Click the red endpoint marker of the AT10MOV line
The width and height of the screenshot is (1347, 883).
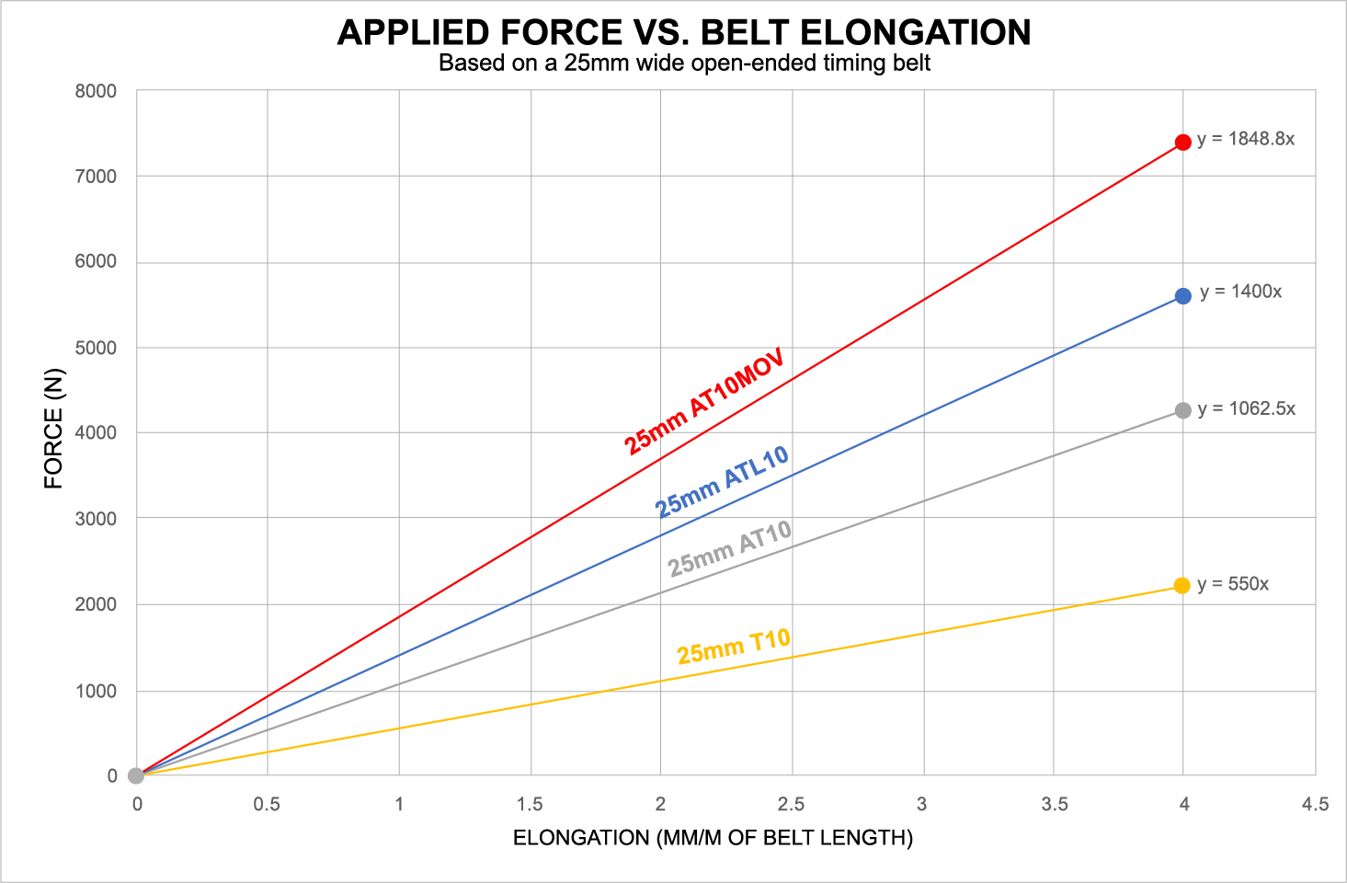point(1182,142)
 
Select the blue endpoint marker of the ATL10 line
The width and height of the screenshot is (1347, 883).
point(1182,295)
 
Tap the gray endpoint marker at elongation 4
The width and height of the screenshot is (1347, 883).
point(1182,410)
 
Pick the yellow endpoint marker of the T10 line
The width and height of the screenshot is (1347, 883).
point(1182,586)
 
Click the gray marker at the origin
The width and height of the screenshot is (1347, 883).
point(136,775)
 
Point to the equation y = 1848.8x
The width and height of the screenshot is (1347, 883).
point(1245,139)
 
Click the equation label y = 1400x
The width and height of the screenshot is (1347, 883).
point(1240,292)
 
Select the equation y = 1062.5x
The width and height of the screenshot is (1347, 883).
point(1246,408)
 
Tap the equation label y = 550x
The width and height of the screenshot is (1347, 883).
point(1232,584)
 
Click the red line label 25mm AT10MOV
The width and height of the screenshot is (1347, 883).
point(704,401)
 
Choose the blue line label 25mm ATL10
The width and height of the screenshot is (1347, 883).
point(722,481)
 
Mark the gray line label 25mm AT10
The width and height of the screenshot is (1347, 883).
point(730,548)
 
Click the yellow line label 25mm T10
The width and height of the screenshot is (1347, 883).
point(734,646)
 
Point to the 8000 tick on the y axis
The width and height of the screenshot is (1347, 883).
point(96,91)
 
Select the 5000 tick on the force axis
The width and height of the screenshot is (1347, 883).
point(96,348)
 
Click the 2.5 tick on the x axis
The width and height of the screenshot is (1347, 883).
point(791,805)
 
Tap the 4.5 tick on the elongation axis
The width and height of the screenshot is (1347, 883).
point(1315,805)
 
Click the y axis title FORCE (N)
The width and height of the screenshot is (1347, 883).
point(53,428)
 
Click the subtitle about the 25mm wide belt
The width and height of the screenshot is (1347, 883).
point(684,63)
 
